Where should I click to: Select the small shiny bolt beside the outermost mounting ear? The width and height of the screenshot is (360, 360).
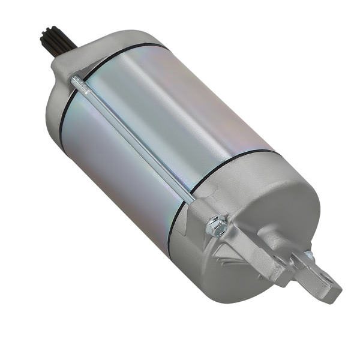(309, 256)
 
